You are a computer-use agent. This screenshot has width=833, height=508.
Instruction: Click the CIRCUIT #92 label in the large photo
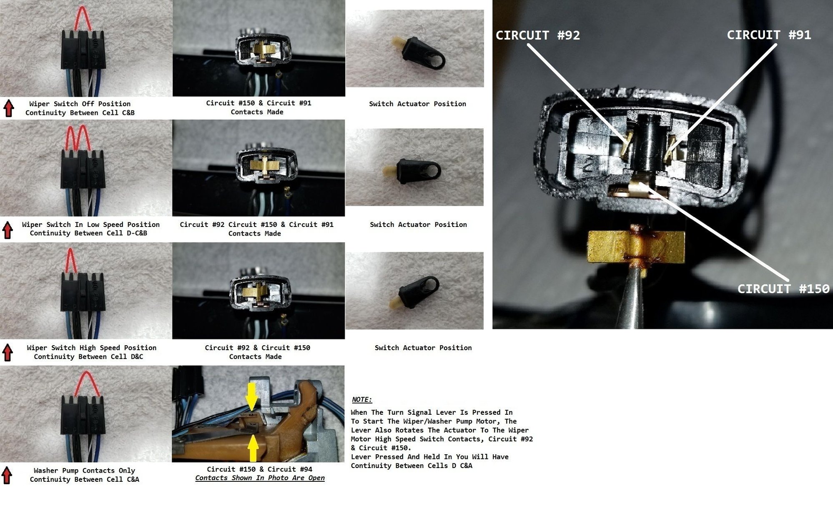click(x=537, y=35)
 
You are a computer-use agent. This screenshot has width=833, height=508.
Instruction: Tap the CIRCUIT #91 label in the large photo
click(x=769, y=35)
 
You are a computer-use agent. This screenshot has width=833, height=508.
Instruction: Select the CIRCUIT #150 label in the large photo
click(x=783, y=289)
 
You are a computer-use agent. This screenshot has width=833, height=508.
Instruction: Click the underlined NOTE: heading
click(x=362, y=399)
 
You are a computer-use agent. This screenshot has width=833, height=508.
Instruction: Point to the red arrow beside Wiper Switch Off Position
click(x=9, y=108)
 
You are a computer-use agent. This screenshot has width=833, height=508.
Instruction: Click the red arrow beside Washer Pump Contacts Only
click(x=7, y=476)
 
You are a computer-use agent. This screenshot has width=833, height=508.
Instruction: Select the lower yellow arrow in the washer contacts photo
click(x=253, y=448)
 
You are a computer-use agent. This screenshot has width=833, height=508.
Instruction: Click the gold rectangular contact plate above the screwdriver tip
click(x=636, y=247)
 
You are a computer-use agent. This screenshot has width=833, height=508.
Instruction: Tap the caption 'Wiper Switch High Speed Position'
click(x=92, y=348)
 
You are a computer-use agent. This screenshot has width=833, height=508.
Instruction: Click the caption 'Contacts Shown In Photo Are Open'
click(x=260, y=478)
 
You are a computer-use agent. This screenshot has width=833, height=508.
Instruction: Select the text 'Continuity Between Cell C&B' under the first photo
click(x=80, y=113)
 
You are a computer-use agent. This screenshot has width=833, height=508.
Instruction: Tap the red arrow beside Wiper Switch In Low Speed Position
click(x=8, y=230)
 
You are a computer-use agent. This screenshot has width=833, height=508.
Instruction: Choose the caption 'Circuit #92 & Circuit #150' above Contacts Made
click(x=258, y=348)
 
